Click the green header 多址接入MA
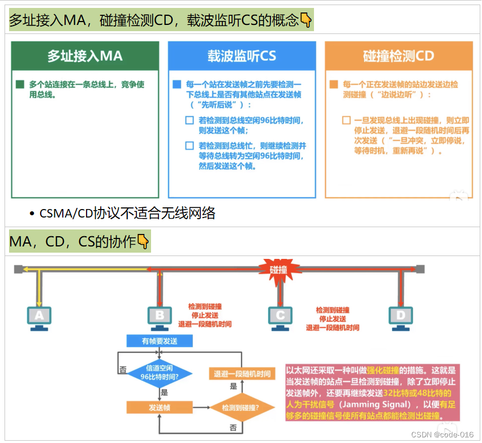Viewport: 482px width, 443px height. click(85, 56)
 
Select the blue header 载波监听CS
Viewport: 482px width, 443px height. click(242, 56)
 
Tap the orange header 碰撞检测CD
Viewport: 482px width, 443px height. click(398, 56)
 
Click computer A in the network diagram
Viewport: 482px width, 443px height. click(39, 317)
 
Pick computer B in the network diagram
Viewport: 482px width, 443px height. click(160, 317)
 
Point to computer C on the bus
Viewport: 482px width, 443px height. click(281, 317)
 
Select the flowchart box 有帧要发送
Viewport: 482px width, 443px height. click(160, 341)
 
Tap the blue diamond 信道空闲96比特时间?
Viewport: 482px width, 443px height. click(160, 372)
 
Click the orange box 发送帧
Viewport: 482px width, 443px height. click(160, 407)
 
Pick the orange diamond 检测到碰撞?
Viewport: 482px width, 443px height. click(241, 407)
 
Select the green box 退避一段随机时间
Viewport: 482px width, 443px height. click(242, 374)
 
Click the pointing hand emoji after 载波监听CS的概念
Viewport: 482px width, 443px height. click(306, 21)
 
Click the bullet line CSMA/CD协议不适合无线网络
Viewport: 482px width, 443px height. click(127, 213)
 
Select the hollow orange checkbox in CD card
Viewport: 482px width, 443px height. click(346, 120)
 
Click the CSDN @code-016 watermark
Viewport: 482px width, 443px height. click(442, 434)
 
